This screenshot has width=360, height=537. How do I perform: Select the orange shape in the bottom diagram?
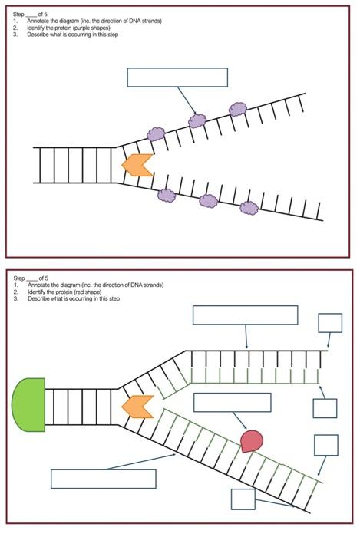pos(136,406)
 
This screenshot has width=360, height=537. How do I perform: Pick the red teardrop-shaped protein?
pos(251,440)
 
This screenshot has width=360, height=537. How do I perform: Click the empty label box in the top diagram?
pos(177,77)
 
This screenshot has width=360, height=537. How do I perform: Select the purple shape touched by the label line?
pos(197,120)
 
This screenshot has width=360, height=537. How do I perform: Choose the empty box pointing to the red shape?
pos(232,402)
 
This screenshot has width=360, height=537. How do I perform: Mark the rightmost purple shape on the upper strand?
pos(238,109)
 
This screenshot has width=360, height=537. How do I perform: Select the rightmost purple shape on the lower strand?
pos(248,207)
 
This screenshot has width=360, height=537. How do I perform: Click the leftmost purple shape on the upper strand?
pos(156,134)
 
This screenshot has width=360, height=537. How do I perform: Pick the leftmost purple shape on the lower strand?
pos(167,195)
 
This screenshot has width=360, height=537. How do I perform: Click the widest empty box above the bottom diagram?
pos(245,315)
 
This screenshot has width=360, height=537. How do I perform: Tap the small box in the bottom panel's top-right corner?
pos(330,322)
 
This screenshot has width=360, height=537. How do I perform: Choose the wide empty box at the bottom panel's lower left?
pos(103,479)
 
